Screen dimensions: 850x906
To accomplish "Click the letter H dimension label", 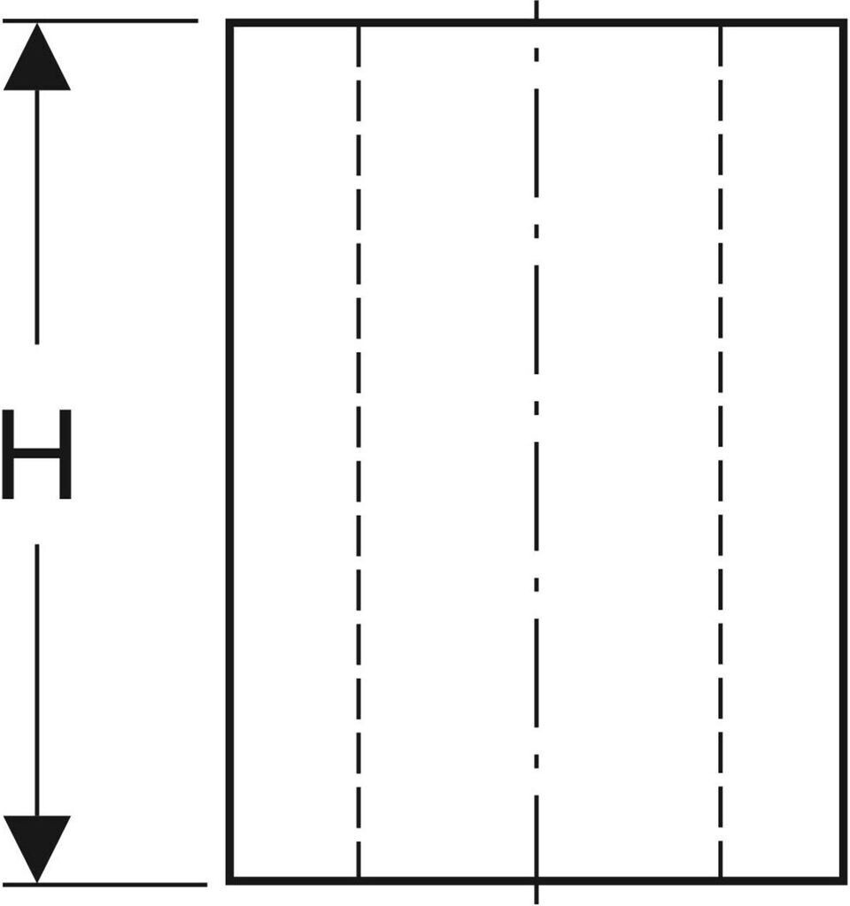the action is pyautogui.click(x=36, y=455).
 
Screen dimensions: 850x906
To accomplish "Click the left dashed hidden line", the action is pyautogui.click(x=359, y=442).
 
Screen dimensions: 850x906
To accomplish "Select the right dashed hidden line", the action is pyautogui.click(x=721, y=442).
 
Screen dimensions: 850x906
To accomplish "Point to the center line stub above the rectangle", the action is pyautogui.click(x=537, y=9).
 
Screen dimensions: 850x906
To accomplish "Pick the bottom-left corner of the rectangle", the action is pyautogui.click(x=230, y=880).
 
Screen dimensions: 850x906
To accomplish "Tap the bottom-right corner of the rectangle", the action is pyautogui.click(x=842, y=880).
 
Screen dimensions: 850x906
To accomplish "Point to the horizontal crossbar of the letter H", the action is pyautogui.click(x=36, y=454).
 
